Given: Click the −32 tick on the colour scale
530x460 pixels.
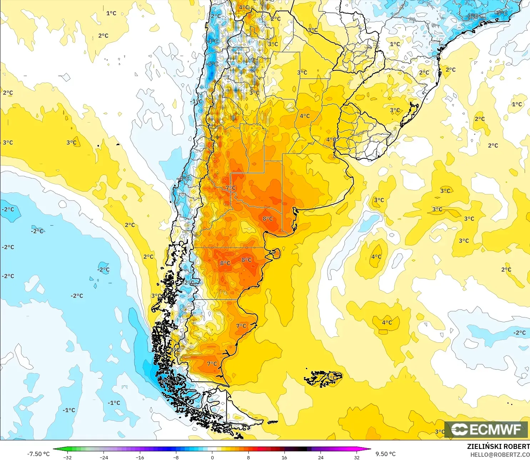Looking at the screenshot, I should click(67, 457).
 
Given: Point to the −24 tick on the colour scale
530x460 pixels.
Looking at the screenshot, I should click(104, 457).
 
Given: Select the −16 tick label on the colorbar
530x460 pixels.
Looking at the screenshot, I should click(140, 457).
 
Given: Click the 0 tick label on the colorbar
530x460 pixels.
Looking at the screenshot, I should click(212, 457).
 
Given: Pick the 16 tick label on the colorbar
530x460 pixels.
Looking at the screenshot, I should click(284, 457).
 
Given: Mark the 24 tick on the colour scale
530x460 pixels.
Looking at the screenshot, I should click(320, 457).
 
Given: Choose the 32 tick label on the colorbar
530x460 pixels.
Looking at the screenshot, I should click(357, 457).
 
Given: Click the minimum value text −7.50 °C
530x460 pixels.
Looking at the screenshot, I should click(38, 454).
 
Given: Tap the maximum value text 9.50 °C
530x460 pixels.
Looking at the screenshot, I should click(385, 454).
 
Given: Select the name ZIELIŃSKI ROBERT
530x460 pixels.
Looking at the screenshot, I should click(498, 446).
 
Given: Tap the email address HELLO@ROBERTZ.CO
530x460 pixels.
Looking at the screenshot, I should click(500, 455).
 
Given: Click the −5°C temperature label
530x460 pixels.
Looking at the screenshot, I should click(501, 13).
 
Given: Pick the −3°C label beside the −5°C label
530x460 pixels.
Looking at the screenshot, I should click(473, 16).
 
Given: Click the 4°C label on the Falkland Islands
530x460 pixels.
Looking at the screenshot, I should click(332, 377).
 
